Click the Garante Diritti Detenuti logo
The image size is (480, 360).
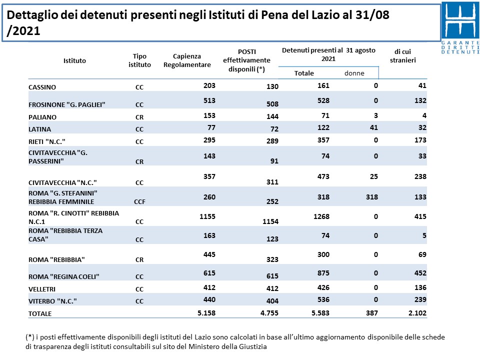[460, 28]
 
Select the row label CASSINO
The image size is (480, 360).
[42, 87]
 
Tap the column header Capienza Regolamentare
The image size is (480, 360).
[187, 60]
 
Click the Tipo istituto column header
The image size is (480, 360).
[139, 60]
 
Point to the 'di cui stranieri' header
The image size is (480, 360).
[403, 56]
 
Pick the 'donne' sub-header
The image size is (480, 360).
[354, 73]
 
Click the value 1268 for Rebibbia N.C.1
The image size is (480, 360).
[321, 216]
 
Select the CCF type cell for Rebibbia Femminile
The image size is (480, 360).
[139, 201]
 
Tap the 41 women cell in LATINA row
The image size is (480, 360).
[374, 127]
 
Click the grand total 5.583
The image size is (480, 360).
[320, 313]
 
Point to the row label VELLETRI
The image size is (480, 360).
[42, 289]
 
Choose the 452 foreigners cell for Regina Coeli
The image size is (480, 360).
[420, 273]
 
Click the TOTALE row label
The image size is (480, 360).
[40, 314]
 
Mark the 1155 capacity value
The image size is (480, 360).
[207, 216]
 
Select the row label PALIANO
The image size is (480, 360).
[42, 117]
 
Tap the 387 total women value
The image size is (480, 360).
[372, 313]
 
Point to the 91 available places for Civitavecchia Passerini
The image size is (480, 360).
[274, 161]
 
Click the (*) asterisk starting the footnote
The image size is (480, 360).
[29, 337]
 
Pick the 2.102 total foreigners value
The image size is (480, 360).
[417, 313]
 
